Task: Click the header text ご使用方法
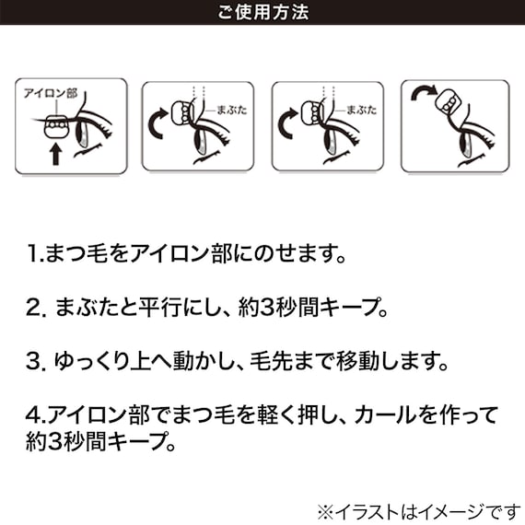(x=262, y=13)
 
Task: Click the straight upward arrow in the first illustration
(x=55, y=152)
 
